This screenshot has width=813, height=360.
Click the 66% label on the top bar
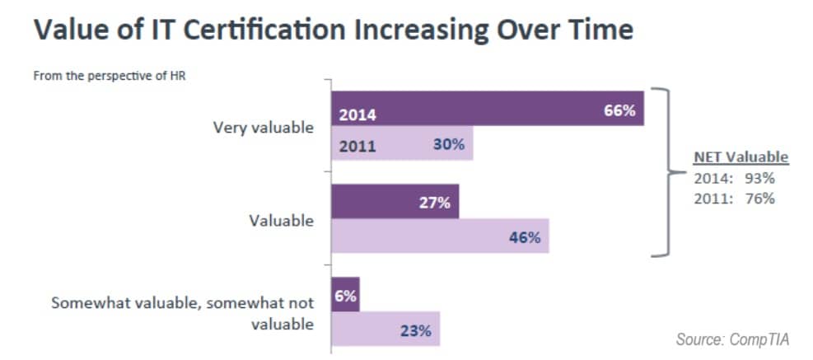coord(619,110)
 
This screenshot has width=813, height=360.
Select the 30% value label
coord(449,145)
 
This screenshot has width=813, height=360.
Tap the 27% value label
coord(434,203)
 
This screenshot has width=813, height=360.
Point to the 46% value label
coord(524,238)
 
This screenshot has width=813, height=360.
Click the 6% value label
coord(345,297)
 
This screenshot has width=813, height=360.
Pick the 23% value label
coord(415,331)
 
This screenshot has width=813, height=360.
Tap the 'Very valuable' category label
coord(263,128)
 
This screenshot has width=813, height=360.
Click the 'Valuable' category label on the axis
coord(282,221)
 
